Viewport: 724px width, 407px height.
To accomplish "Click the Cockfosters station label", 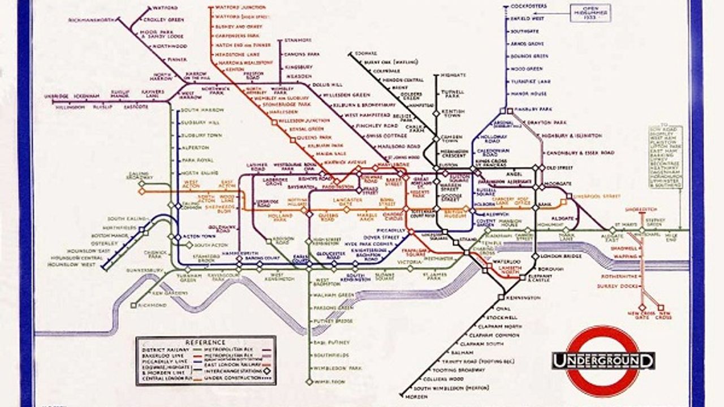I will (528, 6).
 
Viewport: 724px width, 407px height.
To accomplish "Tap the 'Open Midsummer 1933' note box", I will (590, 12).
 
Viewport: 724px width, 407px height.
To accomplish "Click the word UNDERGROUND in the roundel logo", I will (604, 361).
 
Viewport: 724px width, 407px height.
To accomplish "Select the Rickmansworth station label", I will (91, 20).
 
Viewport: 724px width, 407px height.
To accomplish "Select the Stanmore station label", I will (298, 40).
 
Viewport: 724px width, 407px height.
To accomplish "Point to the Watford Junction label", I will (238, 8).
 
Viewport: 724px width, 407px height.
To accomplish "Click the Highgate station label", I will (453, 75).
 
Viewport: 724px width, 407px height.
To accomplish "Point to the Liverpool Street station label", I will (596, 196).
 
